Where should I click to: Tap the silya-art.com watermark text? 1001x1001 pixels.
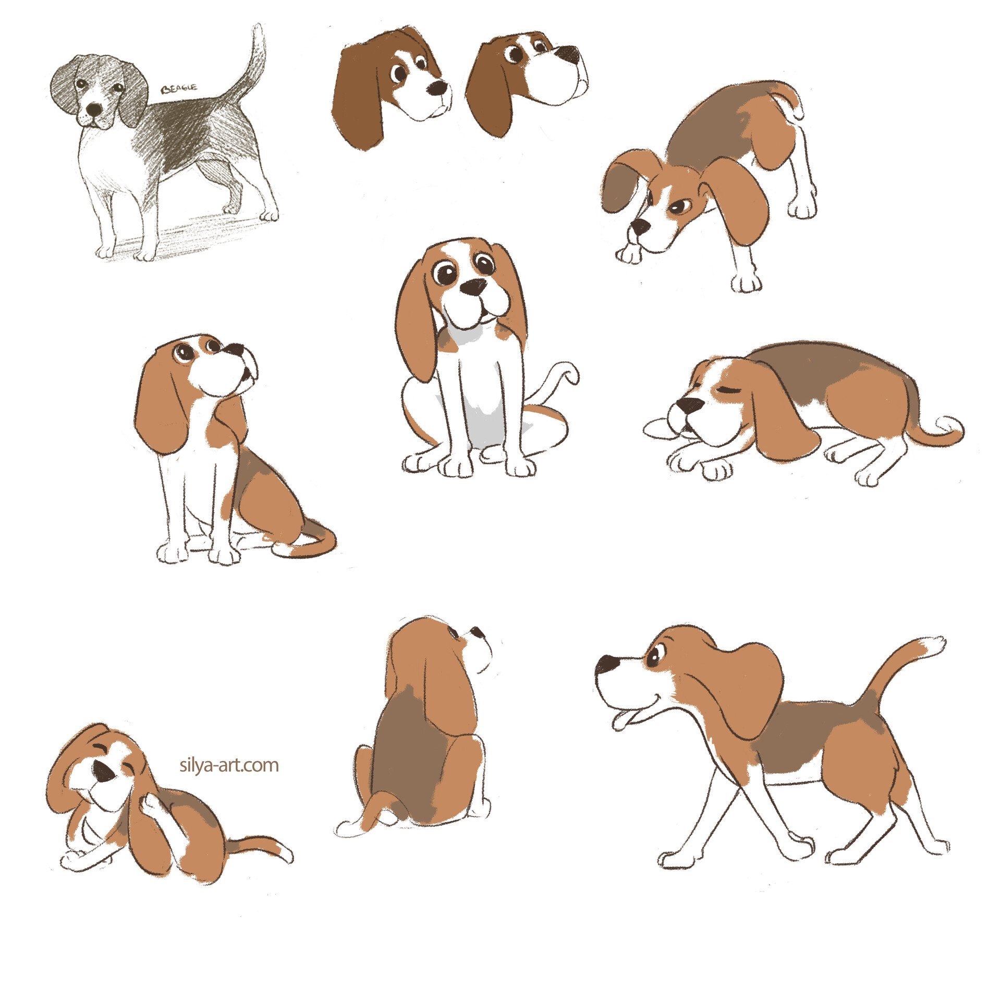229,765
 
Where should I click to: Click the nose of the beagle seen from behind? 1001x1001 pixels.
478,631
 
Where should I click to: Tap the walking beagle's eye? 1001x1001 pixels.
656,653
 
